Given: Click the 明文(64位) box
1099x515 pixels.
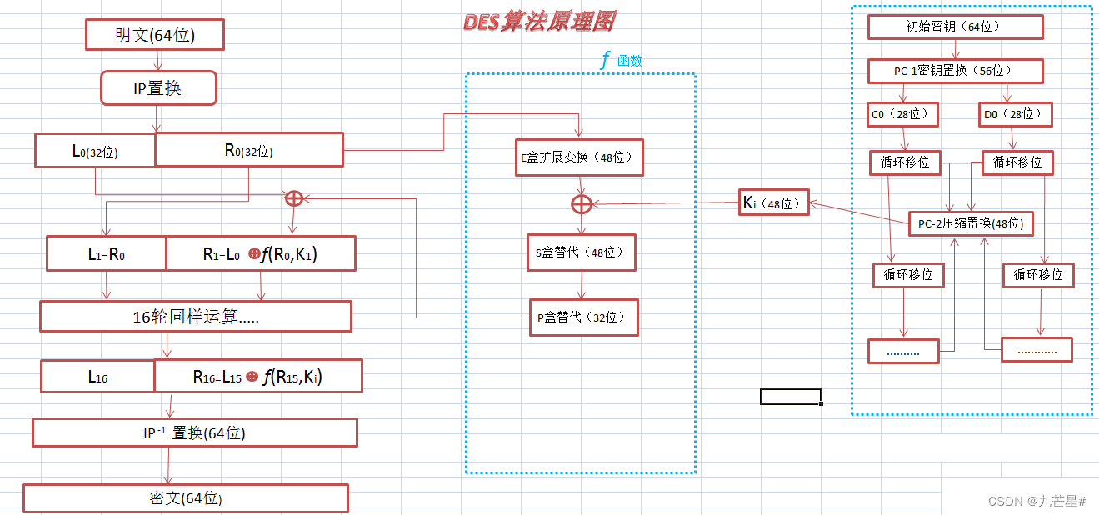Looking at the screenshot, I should tap(155, 36).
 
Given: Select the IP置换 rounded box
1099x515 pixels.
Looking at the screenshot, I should tap(158, 87).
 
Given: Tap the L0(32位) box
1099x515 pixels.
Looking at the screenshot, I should tap(95, 151).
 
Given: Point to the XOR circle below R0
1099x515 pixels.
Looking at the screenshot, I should tap(294, 198).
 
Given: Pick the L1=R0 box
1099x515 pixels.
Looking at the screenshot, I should tap(107, 254).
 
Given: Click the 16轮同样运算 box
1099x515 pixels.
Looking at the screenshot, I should tap(196, 317).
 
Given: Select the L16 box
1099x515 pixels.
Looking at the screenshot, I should tap(98, 377).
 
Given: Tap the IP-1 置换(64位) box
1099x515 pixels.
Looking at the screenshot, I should tap(195, 433).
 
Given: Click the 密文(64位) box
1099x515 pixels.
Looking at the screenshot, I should tap(185, 498).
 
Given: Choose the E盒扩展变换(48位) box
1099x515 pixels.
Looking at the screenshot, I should tap(578, 157).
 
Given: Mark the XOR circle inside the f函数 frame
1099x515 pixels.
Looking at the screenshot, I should tap(581, 204).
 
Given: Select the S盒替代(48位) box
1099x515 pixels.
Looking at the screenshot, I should tap(582, 252).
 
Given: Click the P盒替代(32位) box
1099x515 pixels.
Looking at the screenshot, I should tap(583, 317).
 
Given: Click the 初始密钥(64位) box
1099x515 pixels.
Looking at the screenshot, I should tap(955, 27).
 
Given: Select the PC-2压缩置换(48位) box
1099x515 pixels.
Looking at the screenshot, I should tap(971, 223).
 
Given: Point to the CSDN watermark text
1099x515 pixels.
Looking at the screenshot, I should tap(1037, 501).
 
